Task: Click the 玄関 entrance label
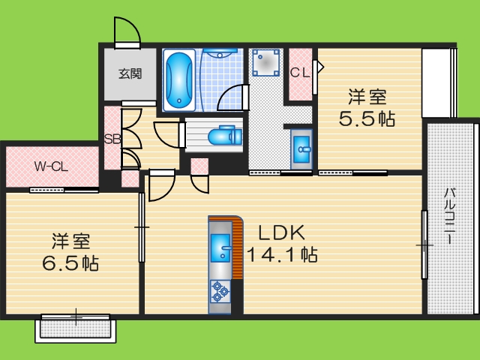[130, 74]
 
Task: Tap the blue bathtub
[178, 79]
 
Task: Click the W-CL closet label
[51, 166]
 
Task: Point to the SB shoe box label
[112, 139]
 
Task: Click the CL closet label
[300, 73]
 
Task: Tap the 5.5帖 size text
[367, 118]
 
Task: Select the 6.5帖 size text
[71, 263]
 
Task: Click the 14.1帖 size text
[282, 253]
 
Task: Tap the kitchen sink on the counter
[221, 248]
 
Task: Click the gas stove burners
[220, 291]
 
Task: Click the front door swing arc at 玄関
[127, 31]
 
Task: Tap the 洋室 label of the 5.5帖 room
[367, 97]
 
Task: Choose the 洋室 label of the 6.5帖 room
[71, 241]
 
